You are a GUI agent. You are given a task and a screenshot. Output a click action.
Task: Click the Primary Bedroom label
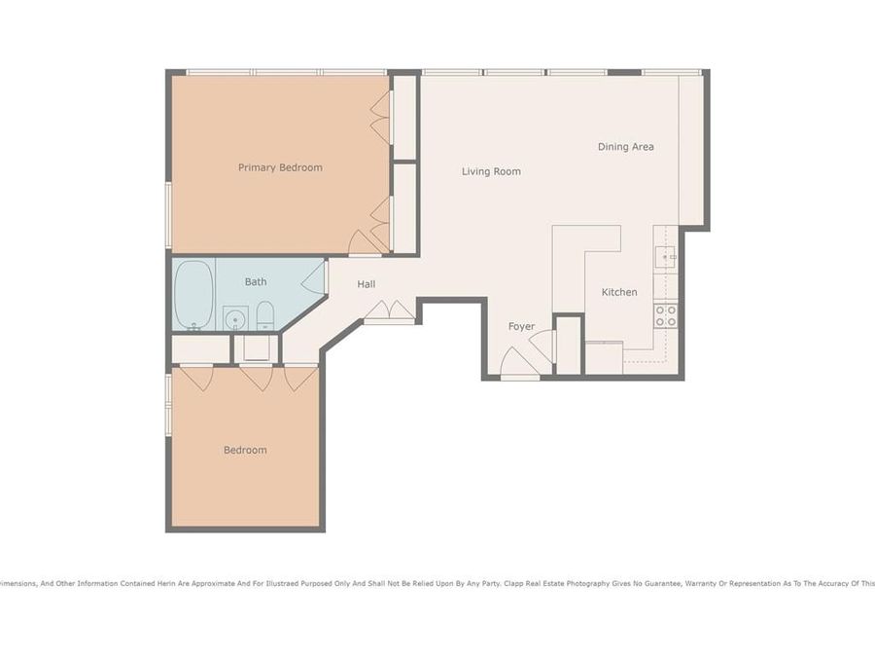point(280,167)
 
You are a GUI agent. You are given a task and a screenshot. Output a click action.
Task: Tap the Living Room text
point(491,171)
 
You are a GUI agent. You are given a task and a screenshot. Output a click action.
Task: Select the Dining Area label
point(625,147)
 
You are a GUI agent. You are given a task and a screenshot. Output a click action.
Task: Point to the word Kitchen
point(619,292)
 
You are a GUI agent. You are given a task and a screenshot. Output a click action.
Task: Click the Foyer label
point(522,326)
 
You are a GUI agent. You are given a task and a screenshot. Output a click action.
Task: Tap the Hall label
point(367,284)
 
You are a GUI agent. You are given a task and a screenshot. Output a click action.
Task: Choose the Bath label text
point(256,282)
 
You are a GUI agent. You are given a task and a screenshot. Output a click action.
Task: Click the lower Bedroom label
point(245,450)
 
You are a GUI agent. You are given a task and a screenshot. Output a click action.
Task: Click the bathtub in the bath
point(193,295)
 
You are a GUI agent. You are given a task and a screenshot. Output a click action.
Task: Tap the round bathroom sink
point(234,317)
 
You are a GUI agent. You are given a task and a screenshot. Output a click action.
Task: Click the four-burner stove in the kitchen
point(666,315)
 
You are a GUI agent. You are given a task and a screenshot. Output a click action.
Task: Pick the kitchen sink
point(666,257)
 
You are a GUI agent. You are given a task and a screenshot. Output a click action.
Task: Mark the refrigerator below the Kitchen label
point(604,358)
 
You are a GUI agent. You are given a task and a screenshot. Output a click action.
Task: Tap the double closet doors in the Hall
point(389,311)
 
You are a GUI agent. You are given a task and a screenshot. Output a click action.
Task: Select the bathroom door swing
point(314,278)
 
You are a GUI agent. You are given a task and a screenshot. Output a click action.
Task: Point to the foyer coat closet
point(568,346)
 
